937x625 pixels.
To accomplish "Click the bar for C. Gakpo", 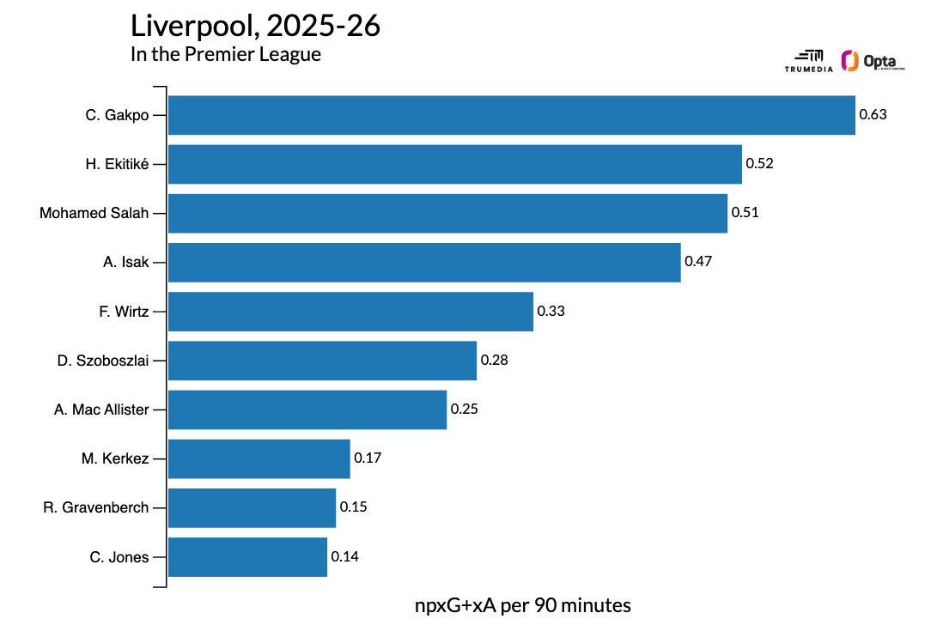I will (511, 115).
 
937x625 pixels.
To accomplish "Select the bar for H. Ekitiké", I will (454, 164).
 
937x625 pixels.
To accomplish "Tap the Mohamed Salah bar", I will (447, 213).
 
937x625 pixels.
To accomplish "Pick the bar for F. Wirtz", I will (350, 312).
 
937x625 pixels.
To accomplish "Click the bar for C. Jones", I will (247, 557).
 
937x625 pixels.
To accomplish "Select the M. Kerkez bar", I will (259, 458).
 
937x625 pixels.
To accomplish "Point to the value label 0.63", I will (873, 115).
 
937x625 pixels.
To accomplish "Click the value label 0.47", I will (698, 262).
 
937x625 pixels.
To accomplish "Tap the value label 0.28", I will (494, 361).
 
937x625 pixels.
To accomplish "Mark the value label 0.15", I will (353, 507).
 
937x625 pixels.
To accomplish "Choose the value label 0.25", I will (464, 410).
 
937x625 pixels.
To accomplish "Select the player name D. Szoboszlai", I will (103, 361).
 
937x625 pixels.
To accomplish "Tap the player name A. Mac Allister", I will (101, 410).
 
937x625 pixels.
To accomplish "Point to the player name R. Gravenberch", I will (95, 507).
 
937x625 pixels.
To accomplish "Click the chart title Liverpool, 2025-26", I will (255, 26).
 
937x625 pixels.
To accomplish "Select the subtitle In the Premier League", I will (226, 54).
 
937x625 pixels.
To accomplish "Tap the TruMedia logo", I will (808, 59).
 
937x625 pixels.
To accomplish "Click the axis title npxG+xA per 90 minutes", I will (522, 605).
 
